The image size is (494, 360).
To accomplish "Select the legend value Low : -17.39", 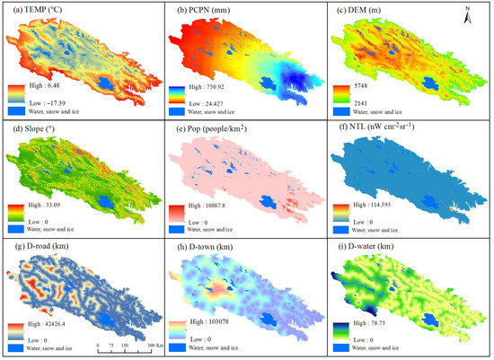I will click(x=55, y=103).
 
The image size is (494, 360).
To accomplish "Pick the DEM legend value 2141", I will click(x=372, y=104).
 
